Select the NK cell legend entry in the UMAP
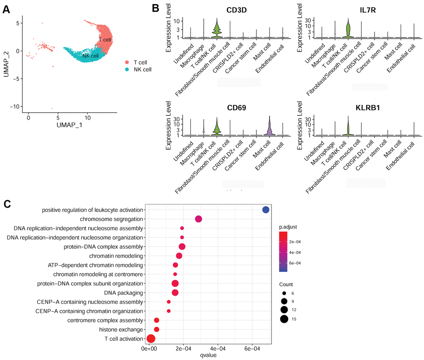click(140, 69)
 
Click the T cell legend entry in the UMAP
click(138, 62)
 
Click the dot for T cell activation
click(151, 338)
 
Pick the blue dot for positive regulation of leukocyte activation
click(266, 210)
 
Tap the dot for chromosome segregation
click(199, 219)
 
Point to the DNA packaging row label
click(125, 293)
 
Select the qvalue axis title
click(207, 355)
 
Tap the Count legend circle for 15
click(284, 319)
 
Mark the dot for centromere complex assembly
click(157, 320)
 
